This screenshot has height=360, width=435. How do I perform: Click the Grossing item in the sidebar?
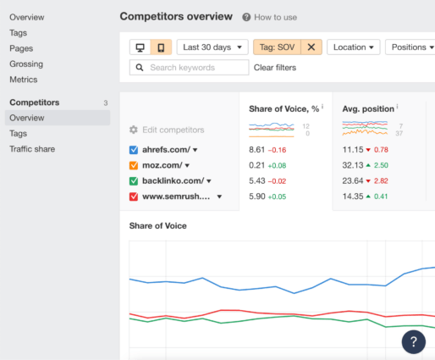coord(26,64)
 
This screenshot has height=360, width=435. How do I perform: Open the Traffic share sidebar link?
coord(32,149)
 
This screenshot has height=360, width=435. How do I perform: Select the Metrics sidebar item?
coord(23,80)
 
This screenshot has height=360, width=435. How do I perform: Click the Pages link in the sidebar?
coord(21,48)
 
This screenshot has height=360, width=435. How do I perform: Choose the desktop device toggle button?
coord(140,47)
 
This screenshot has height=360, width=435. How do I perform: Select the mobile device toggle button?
coord(161,47)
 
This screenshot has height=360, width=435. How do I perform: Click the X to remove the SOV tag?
coord(311,47)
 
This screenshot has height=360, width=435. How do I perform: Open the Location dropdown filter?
coord(353,47)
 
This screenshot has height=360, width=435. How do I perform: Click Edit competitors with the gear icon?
coord(167,130)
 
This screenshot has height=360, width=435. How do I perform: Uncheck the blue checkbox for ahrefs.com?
coord(134,150)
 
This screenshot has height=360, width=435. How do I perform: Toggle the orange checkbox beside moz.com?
coord(134,165)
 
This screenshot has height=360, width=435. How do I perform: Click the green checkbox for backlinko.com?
coord(134,180)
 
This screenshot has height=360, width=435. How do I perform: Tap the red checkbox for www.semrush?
coord(134,197)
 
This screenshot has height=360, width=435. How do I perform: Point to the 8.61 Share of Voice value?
coord(257,150)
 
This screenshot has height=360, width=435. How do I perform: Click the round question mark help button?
coord(413,341)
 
